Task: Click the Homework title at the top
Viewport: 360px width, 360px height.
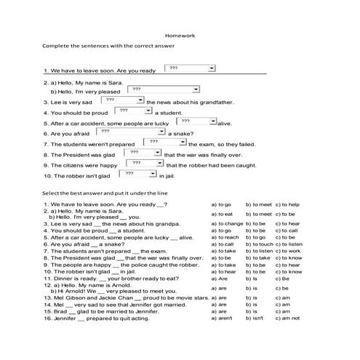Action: [x=180, y=35]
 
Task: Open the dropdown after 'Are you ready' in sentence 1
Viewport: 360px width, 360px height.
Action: [x=190, y=68]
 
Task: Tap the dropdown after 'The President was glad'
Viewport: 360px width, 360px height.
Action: [x=140, y=153]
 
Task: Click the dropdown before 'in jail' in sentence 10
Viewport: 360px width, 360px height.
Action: [x=136, y=175]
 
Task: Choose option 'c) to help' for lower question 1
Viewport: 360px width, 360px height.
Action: [x=284, y=204]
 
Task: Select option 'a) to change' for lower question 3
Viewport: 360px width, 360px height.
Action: [x=226, y=224]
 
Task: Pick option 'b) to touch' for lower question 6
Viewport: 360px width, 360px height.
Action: [x=258, y=244]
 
